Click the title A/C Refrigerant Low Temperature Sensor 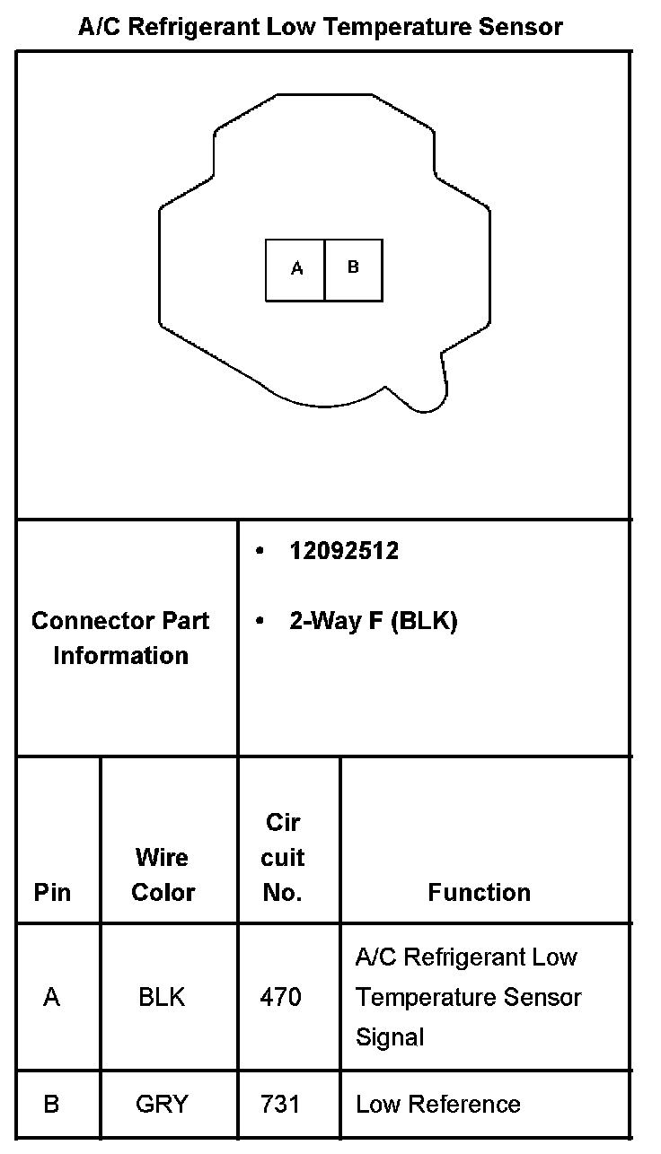[320, 27]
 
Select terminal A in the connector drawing [295, 269]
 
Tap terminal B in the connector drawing [353, 268]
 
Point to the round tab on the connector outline [428, 390]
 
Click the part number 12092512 [344, 551]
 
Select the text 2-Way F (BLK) [373, 621]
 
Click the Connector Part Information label [120, 638]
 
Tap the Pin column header [52, 892]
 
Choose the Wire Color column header [163, 875]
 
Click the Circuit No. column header [283, 857]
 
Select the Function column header [479, 892]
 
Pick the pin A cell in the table [52, 997]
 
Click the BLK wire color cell [162, 997]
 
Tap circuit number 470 [280, 997]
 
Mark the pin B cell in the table [51, 1104]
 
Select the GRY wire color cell [162, 1104]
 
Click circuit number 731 [280, 1104]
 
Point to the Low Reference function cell [437, 1104]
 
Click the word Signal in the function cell [390, 1037]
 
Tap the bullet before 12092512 [260, 551]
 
